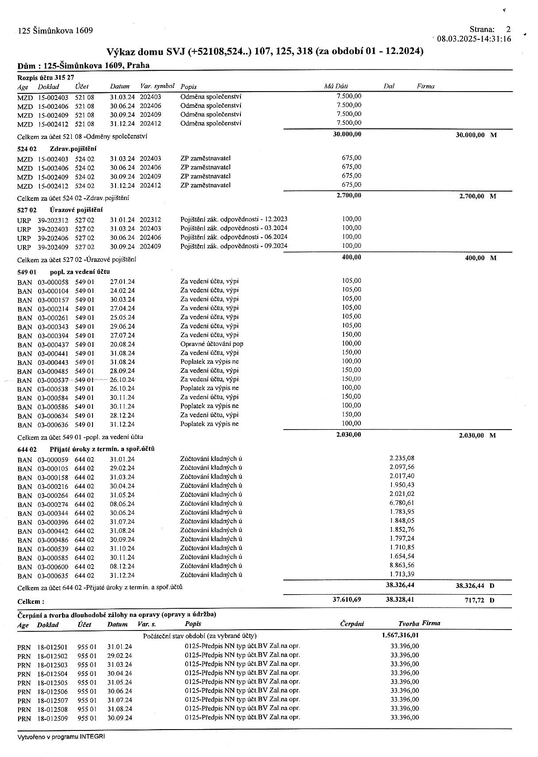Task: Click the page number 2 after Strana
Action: (508, 30)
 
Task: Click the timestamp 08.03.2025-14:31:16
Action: (474, 39)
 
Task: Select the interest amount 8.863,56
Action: (402, 565)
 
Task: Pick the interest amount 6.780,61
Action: (402, 503)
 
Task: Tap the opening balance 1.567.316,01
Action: (400, 635)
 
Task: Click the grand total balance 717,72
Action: (473, 601)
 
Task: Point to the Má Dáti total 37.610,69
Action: (347, 599)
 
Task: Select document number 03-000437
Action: (53, 344)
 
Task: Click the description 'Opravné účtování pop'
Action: (212, 344)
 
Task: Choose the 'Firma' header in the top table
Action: (426, 86)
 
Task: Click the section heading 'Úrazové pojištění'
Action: (76, 210)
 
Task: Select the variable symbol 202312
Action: (151, 220)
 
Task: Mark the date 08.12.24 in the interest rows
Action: (122, 566)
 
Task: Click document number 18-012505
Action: (52, 683)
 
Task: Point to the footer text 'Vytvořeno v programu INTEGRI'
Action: (62, 737)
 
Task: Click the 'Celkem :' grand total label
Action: (31, 602)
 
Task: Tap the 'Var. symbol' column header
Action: (157, 86)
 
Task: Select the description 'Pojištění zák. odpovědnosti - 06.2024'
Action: (234, 237)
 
